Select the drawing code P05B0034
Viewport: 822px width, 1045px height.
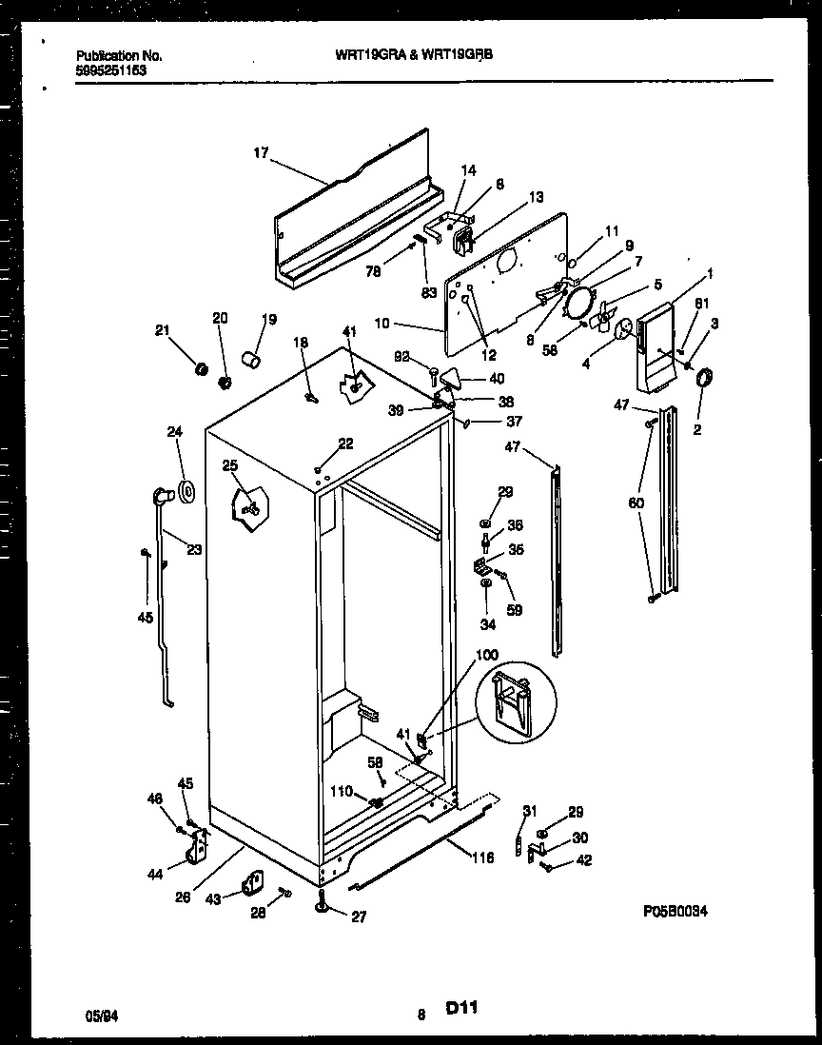[687, 911]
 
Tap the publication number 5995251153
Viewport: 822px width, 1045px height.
[110, 69]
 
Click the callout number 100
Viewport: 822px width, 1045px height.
[486, 655]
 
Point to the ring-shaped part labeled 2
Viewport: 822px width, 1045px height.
[706, 381]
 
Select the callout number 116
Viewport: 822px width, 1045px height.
[483, 858]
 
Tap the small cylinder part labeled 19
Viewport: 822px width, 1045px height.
[252, 358]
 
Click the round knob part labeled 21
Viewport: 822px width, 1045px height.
[201, 367]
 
